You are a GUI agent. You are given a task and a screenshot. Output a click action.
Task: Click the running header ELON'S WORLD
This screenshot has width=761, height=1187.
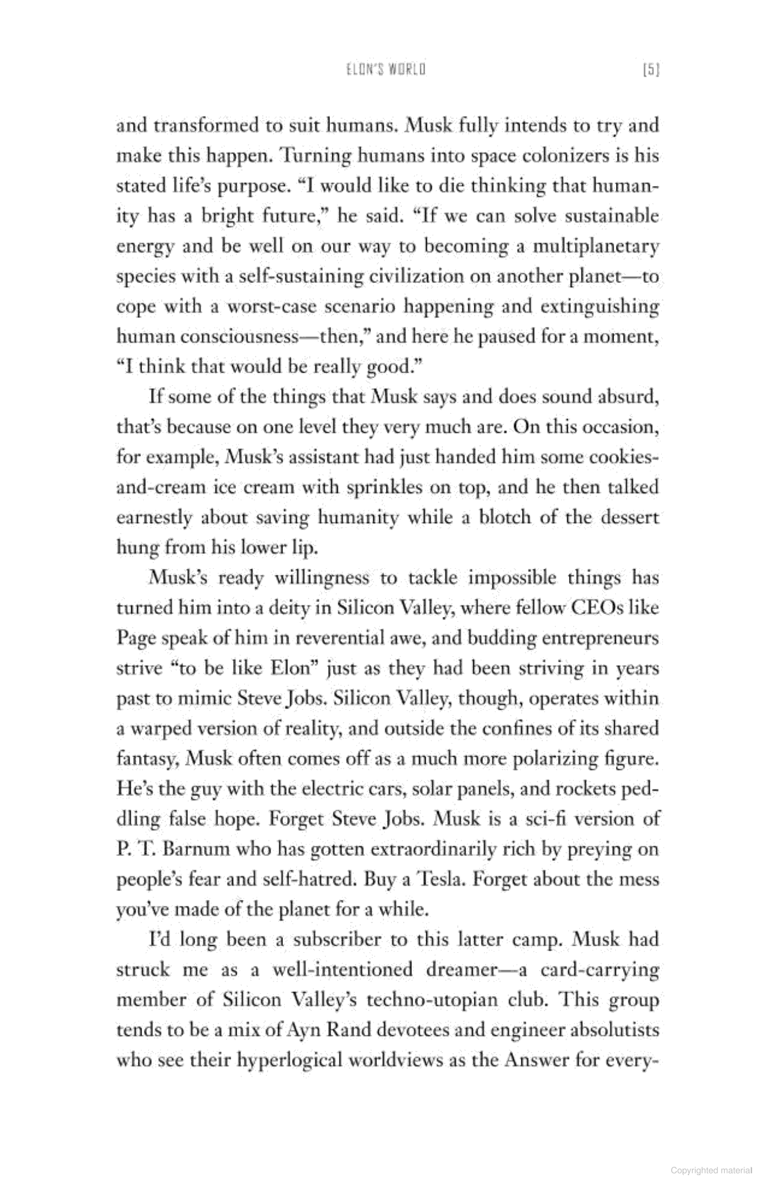pos(386,70)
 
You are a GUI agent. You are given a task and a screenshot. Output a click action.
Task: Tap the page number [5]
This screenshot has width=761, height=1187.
pos(652,70)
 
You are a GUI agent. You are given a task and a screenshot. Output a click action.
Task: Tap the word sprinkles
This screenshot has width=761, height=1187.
pos(385,487)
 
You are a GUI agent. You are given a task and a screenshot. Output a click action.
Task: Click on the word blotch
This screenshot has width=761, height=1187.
pos(503,518)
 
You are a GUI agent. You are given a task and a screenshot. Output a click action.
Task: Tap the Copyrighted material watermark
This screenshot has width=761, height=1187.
pos(712,1170)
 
